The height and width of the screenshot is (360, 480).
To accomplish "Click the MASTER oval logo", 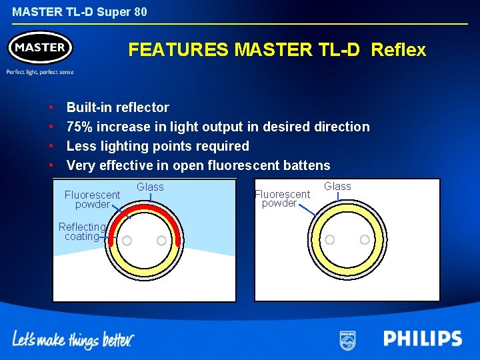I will (40, 48).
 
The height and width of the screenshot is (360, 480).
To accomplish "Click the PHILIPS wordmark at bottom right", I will (422, 339).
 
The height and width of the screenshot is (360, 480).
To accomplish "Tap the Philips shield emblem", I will (347, 339).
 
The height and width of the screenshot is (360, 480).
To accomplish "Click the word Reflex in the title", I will (398, 50).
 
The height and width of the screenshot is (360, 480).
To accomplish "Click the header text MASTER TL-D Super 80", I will (79, 12).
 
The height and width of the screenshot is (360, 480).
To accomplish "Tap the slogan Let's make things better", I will (73, 339).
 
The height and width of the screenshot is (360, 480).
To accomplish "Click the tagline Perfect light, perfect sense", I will (40, 72).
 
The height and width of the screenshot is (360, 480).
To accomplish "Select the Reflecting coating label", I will (81, 231).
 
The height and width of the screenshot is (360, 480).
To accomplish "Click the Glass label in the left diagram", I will (150, 187).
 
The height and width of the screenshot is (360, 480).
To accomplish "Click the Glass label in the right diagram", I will (337, 187).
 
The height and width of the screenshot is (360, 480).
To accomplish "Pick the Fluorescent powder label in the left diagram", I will (92, 199).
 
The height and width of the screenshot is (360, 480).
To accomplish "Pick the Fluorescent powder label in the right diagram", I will (282, 199).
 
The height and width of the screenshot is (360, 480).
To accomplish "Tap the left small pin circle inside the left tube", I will (127, 241).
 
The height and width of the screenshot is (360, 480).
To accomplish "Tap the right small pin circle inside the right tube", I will (365, 239).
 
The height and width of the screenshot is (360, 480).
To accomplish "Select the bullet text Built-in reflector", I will (118, 107).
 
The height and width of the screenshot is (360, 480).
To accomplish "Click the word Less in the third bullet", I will (81, 146).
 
